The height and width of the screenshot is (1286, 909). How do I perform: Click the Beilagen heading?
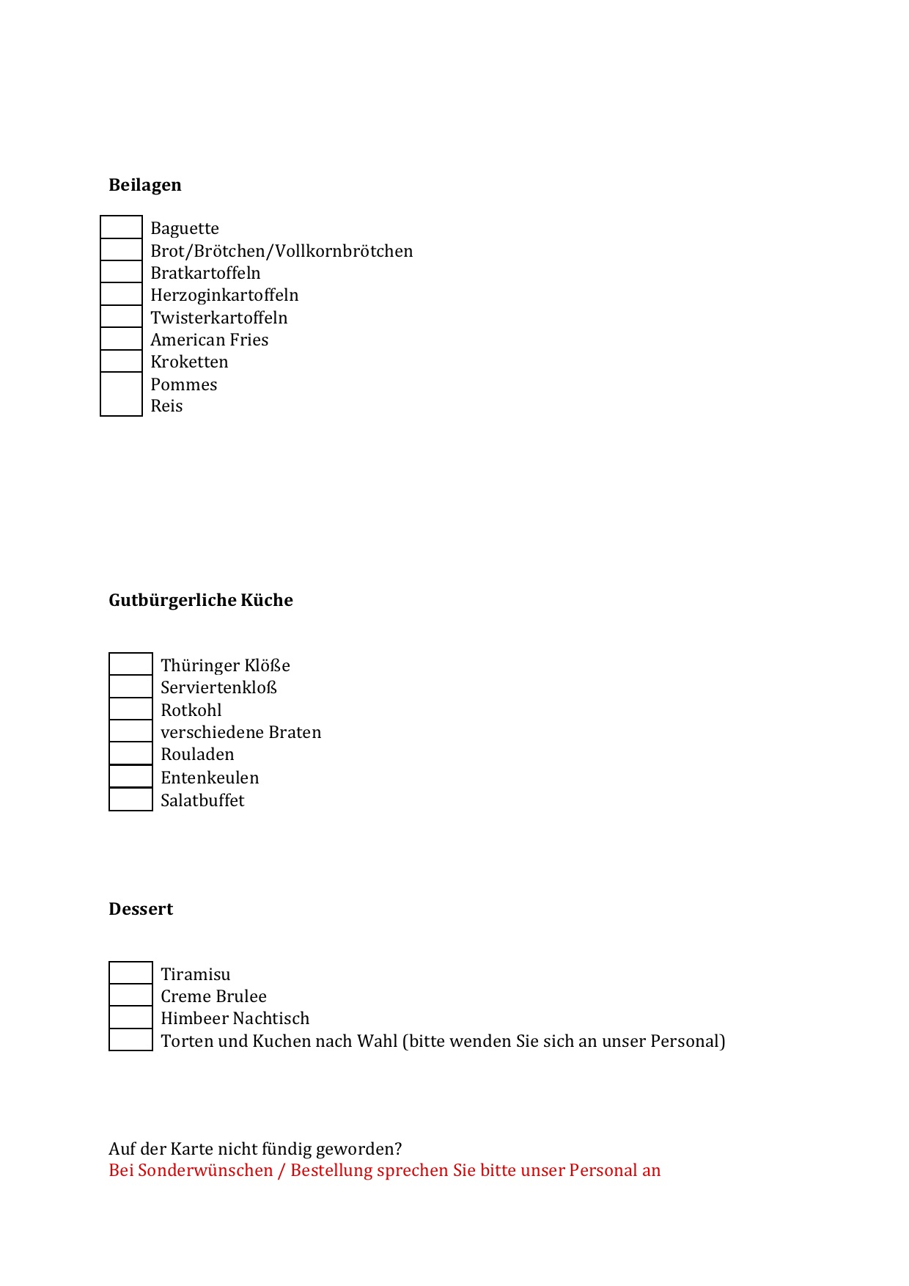(145, 185)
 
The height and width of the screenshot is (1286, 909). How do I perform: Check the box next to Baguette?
(121, 227)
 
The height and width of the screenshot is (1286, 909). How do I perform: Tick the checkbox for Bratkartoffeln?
(121, 272)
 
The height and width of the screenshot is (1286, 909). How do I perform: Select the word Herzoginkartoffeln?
(224, 295)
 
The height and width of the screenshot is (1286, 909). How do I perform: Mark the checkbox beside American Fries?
(121, 339)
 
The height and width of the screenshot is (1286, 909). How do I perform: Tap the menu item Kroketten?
(189, 362)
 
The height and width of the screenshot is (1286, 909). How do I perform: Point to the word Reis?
(166, 406)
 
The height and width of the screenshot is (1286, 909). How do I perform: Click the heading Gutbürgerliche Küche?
(201, 600)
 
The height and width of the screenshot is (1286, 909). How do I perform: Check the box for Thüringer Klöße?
(130, 664)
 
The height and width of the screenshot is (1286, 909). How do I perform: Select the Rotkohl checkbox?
(130, 709)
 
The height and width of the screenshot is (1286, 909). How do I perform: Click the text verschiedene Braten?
(240, 732)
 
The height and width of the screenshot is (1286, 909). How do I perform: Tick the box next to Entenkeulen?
(130, 776)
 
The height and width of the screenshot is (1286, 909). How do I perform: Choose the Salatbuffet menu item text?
(202, 800)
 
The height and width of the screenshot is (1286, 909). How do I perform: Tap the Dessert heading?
(141, 909)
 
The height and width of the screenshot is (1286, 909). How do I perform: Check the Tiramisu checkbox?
(130, 973)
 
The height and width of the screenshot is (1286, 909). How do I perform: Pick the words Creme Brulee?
(213, 996)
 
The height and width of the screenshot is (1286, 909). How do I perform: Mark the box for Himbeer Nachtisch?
(130, 1018)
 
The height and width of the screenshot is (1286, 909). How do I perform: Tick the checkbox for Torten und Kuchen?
(130, 1040)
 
